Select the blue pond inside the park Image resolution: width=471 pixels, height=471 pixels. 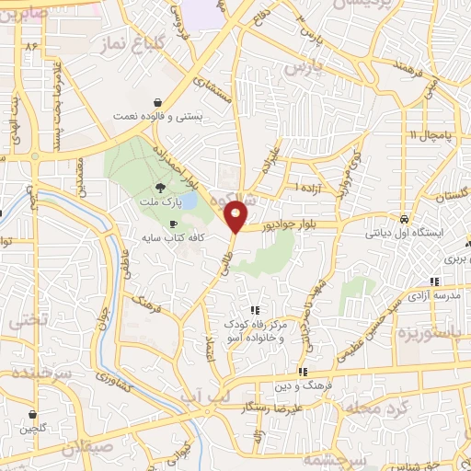[187, 201]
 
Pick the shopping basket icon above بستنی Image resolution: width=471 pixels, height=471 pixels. [160, 102]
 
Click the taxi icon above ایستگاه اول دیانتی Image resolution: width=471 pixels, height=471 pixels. [405, 220]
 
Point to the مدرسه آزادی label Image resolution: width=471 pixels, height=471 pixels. [434, 294]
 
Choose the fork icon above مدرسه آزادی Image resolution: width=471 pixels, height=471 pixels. [432, 281]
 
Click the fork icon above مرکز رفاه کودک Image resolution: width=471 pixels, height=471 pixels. [255, 310]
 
